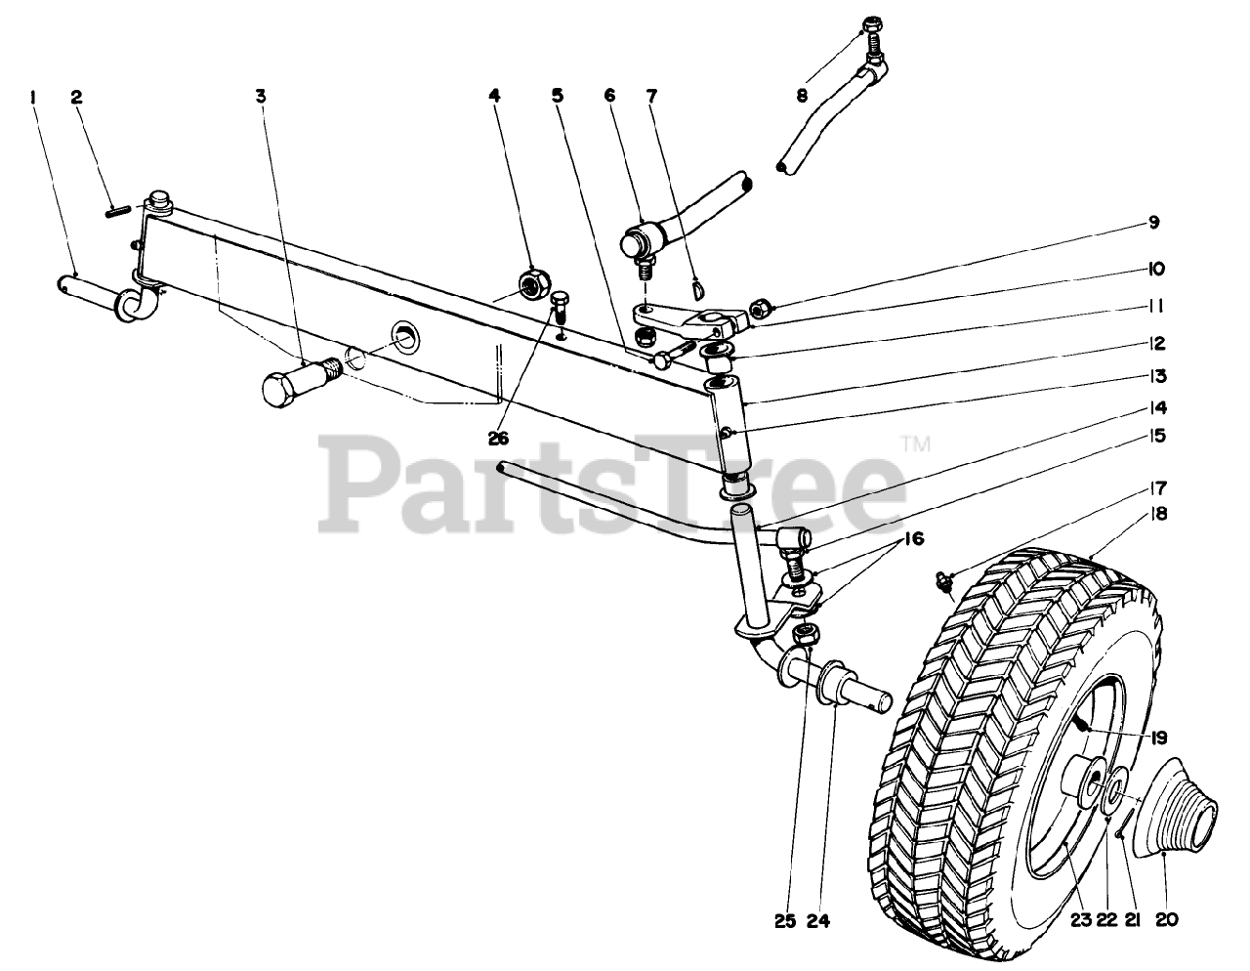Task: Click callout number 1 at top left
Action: point(33,97)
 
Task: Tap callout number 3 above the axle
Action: point(261,97)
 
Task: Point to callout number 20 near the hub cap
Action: point(1168,919)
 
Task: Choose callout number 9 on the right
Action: point(1153,223)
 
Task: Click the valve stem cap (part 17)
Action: point(944,579)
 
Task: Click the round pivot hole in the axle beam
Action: point(405,338)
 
